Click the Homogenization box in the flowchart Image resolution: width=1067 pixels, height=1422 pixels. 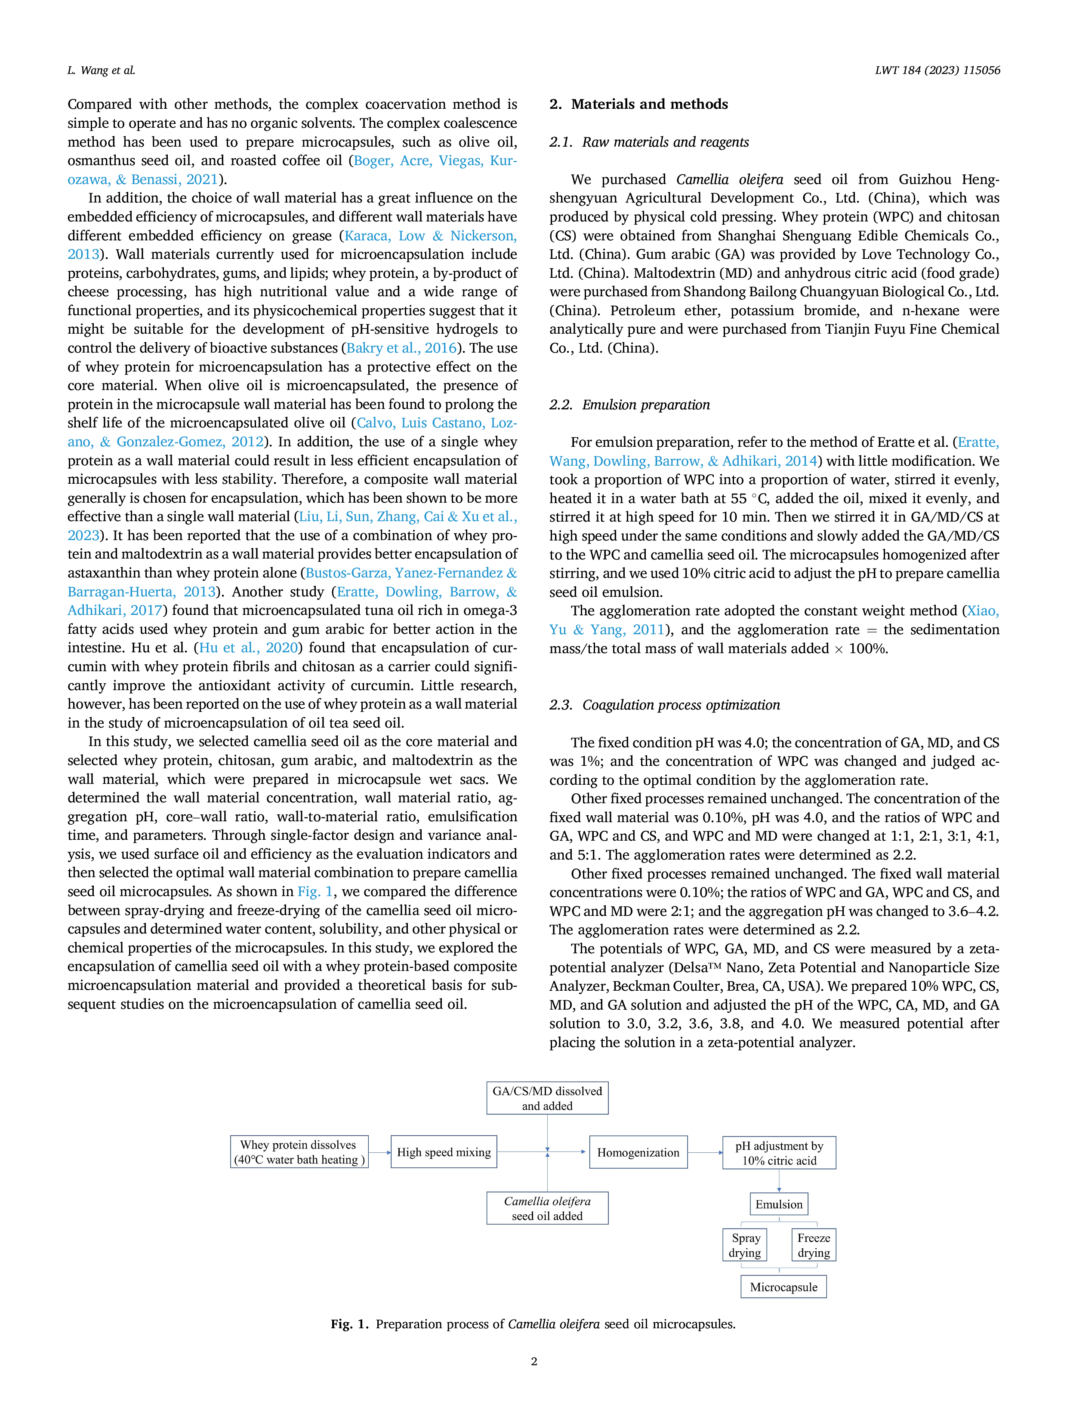[638, 1152]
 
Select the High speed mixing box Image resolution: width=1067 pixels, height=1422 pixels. [444, 1152]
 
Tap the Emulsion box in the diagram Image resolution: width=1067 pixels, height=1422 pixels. [779, 1204]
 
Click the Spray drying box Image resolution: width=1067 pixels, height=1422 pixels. [745, 1245]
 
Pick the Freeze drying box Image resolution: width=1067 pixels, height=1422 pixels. [814, 1245]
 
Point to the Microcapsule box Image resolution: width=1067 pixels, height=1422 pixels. [783, 1287]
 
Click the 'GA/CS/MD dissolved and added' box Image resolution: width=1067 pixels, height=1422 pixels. [547, 1098]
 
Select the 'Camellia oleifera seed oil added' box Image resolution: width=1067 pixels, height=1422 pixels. [547, 1208]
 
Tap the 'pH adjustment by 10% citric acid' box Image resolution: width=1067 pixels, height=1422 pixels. [779, 1153]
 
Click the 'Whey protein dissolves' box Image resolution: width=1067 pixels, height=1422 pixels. [299, 1152]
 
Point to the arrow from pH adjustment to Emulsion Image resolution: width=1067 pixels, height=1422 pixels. [779, 1181]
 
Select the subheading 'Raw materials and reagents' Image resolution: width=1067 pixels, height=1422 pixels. [666, 142]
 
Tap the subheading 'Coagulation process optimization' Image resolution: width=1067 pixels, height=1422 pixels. [681, 705]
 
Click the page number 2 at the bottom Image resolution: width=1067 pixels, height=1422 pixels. [534, 1361]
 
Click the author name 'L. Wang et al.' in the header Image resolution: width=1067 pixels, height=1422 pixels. [102, 70]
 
